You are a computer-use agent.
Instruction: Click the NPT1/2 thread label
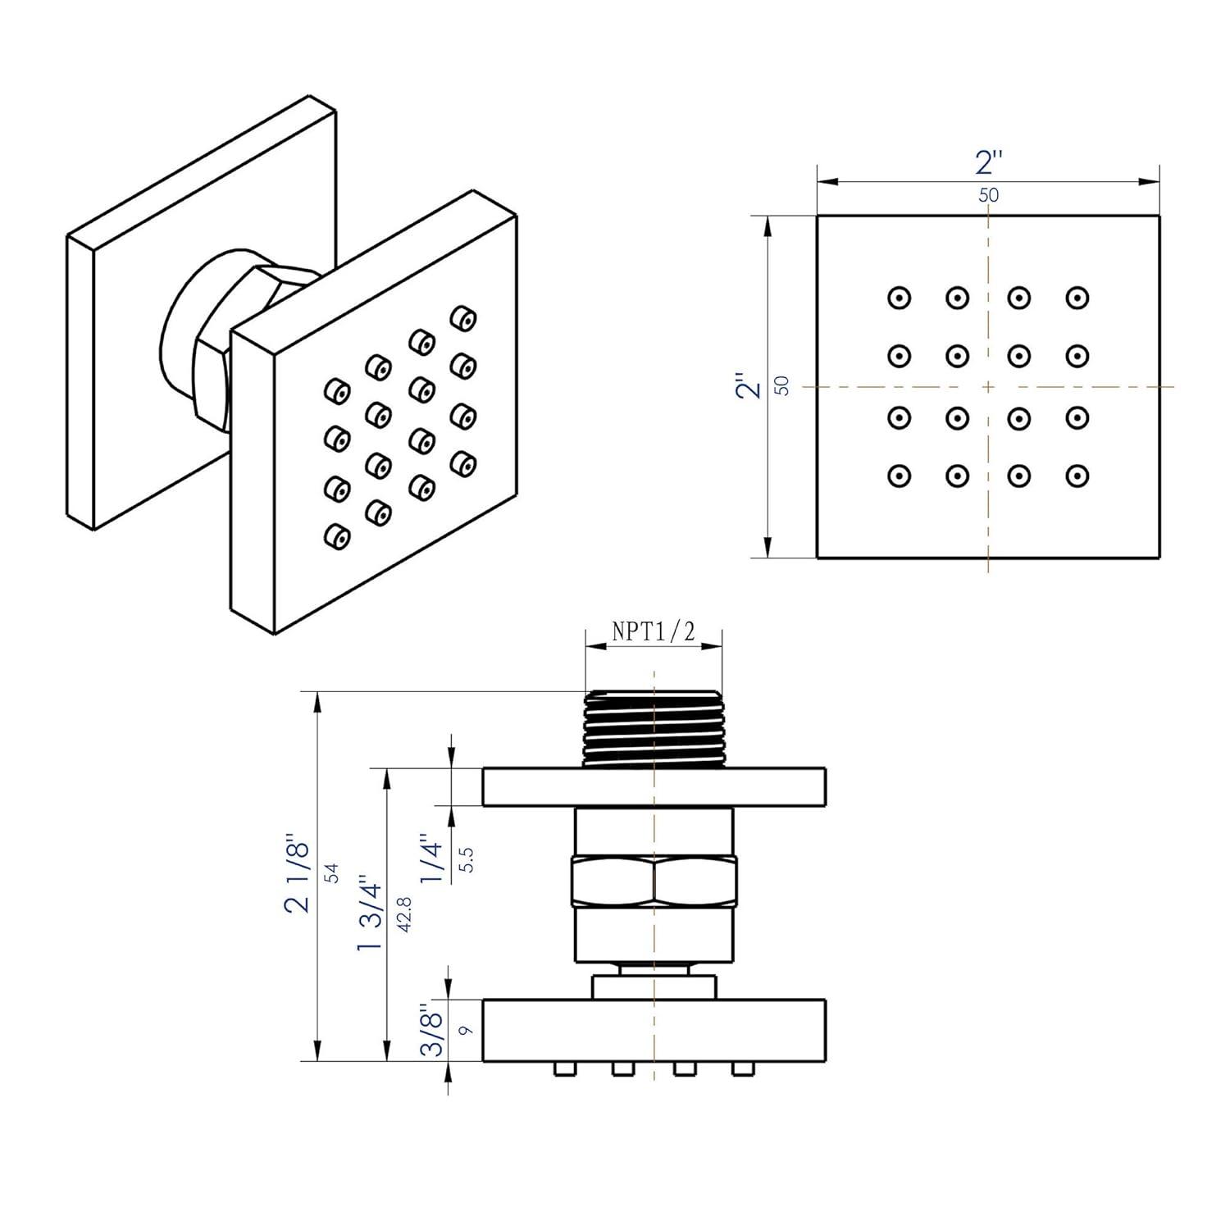(654, 631)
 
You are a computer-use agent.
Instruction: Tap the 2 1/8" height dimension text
(298, 876)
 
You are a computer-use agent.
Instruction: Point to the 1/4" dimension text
(432, 859)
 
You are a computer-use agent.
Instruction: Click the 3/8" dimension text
(432, 1030)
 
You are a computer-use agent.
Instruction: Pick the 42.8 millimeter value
(404, 913)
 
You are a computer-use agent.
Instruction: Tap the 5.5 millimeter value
(467, 859)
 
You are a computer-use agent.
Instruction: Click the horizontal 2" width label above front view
(989, 163)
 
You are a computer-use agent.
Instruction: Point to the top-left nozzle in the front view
(900, 298)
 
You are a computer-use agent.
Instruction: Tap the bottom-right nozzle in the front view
(1077, 476)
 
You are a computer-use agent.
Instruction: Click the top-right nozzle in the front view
(1077, 298)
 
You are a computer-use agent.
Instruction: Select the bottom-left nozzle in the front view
(900, 476)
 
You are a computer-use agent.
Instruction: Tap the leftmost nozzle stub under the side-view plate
(563, 1068)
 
